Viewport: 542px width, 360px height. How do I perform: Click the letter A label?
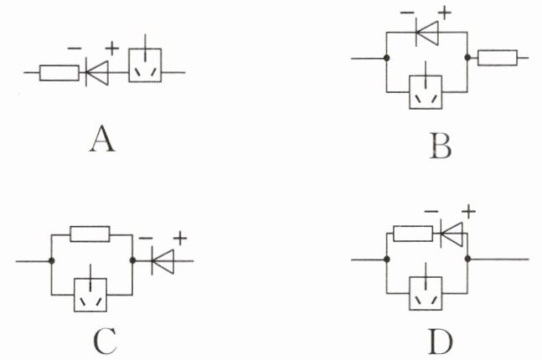102,139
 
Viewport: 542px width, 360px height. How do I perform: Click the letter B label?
441,146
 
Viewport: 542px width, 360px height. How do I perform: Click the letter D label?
441,341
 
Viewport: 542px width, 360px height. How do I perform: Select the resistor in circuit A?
59,73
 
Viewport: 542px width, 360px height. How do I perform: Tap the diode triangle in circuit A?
97,73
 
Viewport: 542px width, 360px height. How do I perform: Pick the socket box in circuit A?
145,65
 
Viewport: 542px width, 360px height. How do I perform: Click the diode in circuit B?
427,33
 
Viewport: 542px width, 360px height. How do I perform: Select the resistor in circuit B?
498,58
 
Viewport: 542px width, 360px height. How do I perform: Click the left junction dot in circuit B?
387,58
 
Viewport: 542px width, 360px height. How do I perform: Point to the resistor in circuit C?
90,234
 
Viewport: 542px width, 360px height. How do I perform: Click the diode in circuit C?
163,261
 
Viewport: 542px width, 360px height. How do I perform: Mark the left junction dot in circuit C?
51,261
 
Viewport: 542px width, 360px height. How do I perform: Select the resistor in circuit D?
413,234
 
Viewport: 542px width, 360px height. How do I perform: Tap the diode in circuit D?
452,234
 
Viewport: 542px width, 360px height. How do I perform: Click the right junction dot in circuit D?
468,259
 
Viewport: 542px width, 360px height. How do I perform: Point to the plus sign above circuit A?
112,48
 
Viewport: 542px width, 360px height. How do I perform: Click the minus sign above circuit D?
431,211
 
